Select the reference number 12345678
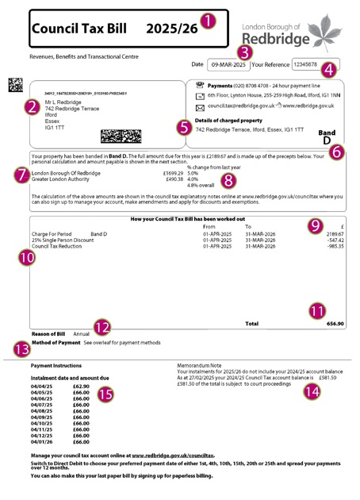click(x=305, y=64)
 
